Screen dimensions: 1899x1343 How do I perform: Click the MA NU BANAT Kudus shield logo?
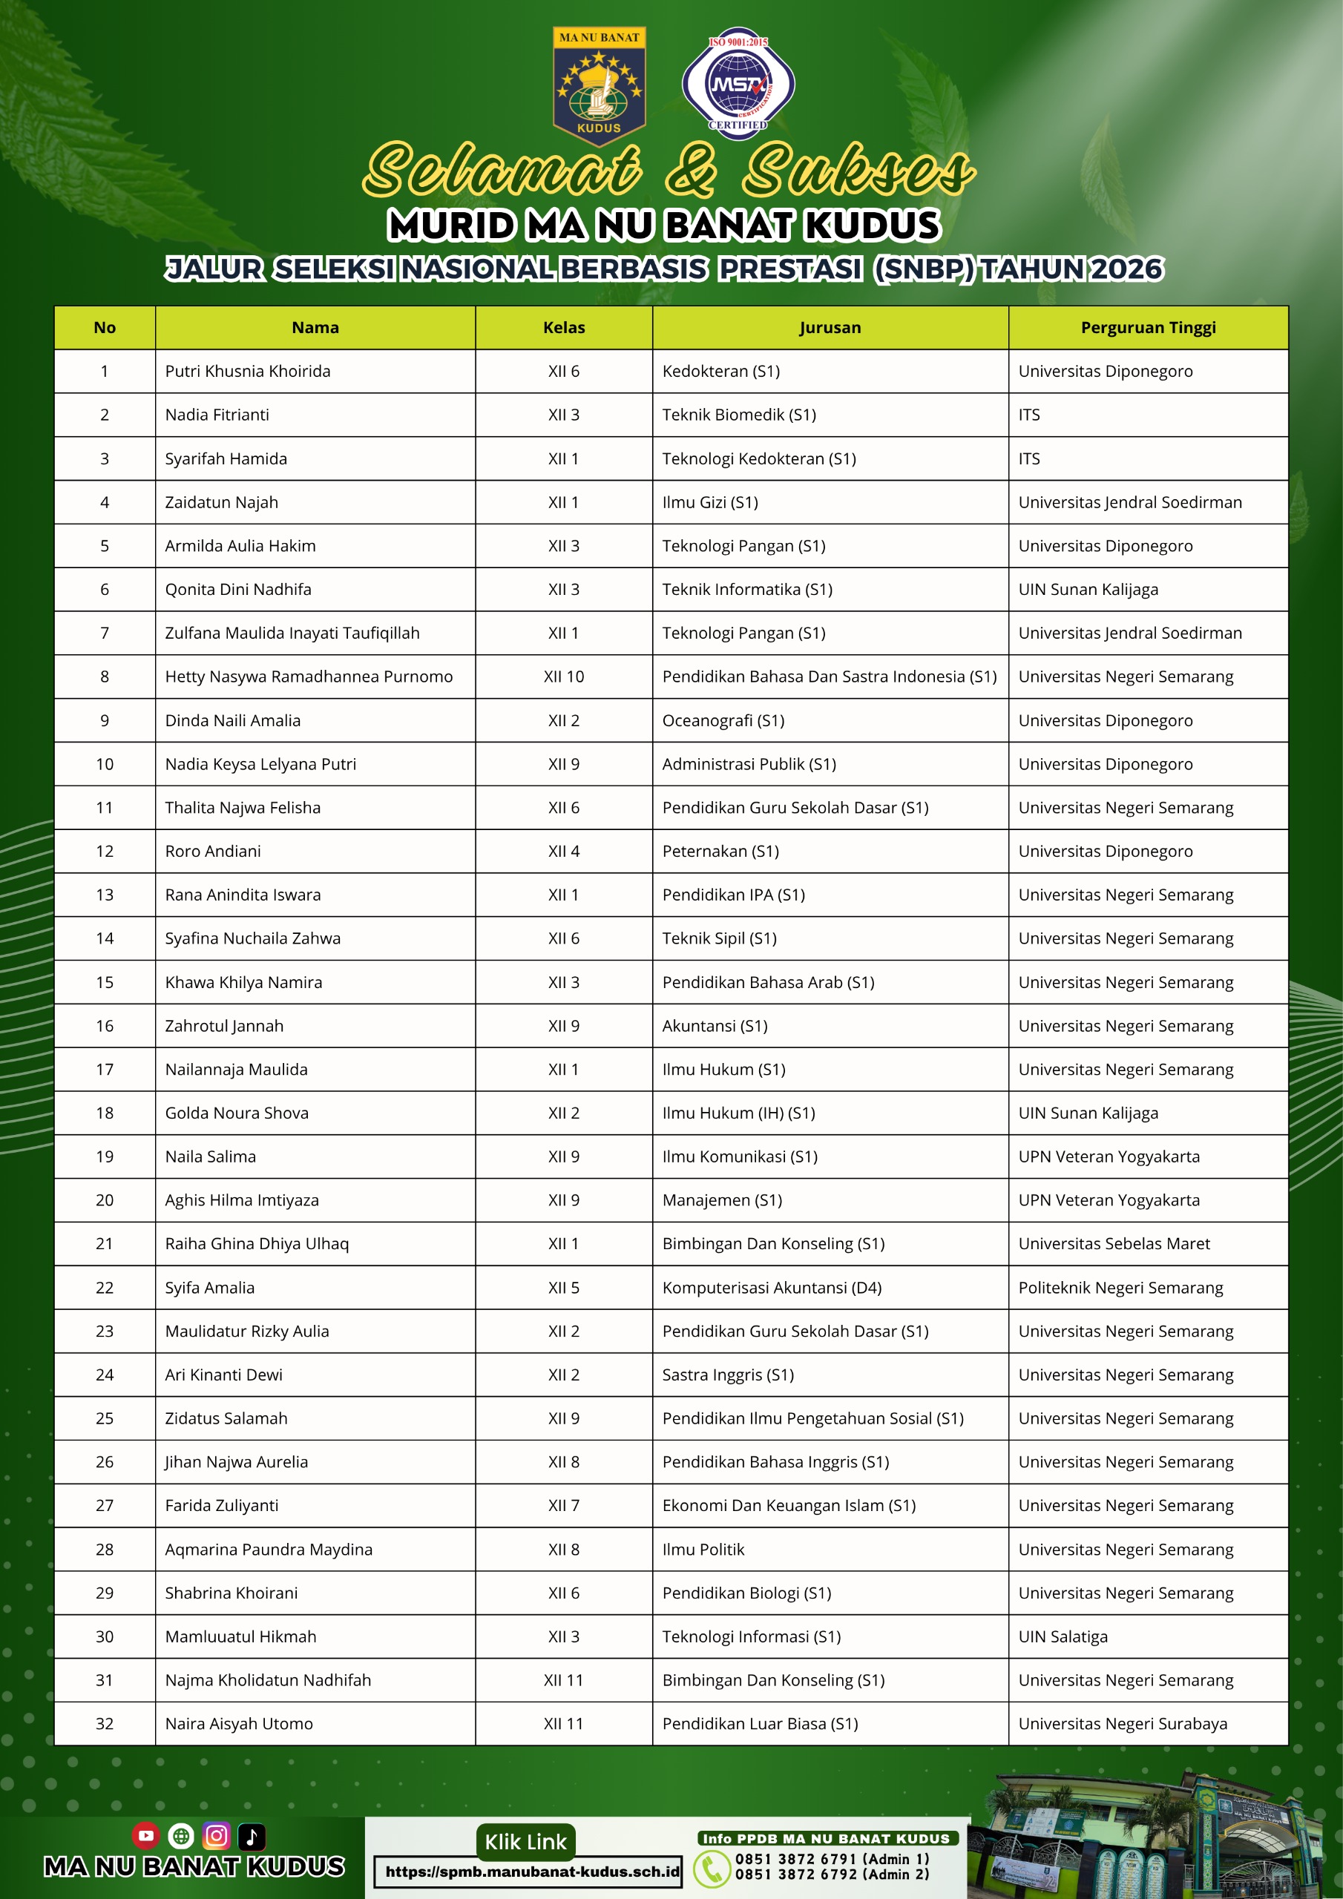pos(599,86)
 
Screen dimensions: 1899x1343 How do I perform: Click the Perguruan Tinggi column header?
pos(1148,328)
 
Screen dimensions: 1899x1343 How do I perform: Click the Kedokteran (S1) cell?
pos(720,372)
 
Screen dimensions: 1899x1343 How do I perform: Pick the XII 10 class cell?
pos(563,677)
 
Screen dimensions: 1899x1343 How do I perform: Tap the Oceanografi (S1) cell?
pos(723,720)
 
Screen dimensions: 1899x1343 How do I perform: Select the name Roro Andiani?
pos(213,851)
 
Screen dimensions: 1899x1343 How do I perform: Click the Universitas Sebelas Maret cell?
pos(1114,1243)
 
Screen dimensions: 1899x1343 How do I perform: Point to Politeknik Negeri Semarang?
pos(1120,1287)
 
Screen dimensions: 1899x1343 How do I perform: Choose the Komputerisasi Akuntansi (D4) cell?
pos(771,1287)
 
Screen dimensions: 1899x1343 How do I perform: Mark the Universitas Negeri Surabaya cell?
pos(1123,1724)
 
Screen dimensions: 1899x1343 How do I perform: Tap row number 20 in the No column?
pos(105,1200)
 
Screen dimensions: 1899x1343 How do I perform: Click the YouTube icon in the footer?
pos(145,1835)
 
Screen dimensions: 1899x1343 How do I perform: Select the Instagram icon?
pos(216,1835)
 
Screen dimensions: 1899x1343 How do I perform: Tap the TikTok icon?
pos(252,1835)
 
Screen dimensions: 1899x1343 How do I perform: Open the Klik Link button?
pos(525,1842)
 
